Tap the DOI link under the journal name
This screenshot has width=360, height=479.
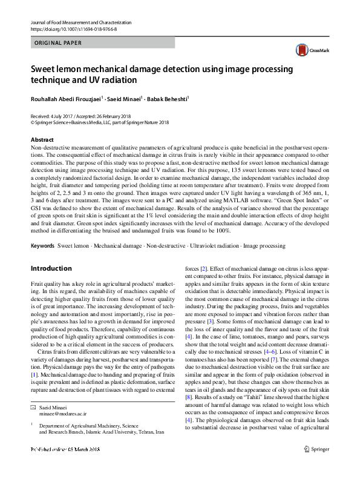[73, 29]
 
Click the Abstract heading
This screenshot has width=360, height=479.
[42, 140]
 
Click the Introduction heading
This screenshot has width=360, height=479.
[51, 268]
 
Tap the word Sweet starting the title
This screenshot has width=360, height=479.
[45, 69]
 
